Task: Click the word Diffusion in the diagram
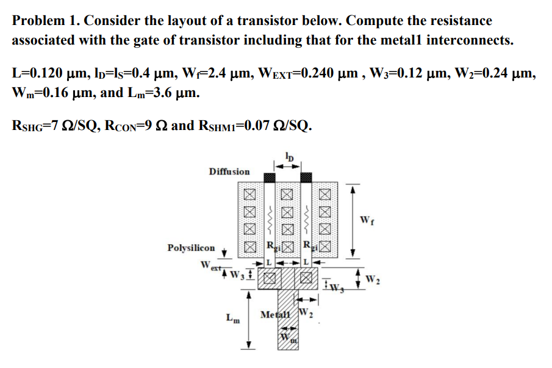[x=229, y=171]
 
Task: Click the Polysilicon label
[x=191, y=248]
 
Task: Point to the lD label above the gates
[x=289, y=156]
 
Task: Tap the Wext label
[x=208, y=266]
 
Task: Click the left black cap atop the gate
[x=268, y=177]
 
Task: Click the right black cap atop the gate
[x=306, y=177]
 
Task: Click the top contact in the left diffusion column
[x=249, y=195]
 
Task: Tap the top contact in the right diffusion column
[x=324, y=195]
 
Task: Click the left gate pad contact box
[x=268, y=280]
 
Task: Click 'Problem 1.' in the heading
[x=45, y=21]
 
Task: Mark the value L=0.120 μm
[x=46, y=74]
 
